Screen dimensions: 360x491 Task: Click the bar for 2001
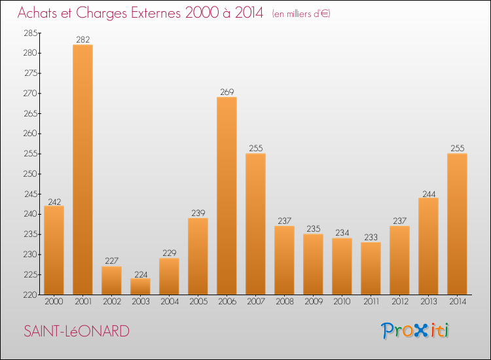click(x=82, y=170)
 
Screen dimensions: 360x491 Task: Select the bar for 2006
click(x=227, y=196)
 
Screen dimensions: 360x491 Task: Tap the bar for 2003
click(x=140, y=286)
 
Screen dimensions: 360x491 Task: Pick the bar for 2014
click(x=457, y=224)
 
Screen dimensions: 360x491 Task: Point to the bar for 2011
click(x=371, y=268)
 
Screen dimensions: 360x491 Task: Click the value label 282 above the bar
click(x=82, y=40)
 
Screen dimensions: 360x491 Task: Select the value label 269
click(x=227, y=92)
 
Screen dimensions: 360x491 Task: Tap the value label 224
click(x=140, y=274)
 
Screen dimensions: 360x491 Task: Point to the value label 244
click(x=428, y=193)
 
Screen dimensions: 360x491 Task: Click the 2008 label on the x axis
click(x=284, y=302)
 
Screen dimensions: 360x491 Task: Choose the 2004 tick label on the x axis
click(x=169, y=302)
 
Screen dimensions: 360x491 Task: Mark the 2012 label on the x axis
click(x=399, y=302)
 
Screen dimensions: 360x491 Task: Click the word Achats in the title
click(x=38, y=13)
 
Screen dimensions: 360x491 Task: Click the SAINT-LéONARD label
click(x=76, y=331)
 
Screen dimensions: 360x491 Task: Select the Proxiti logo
click(x=416, y=331)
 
